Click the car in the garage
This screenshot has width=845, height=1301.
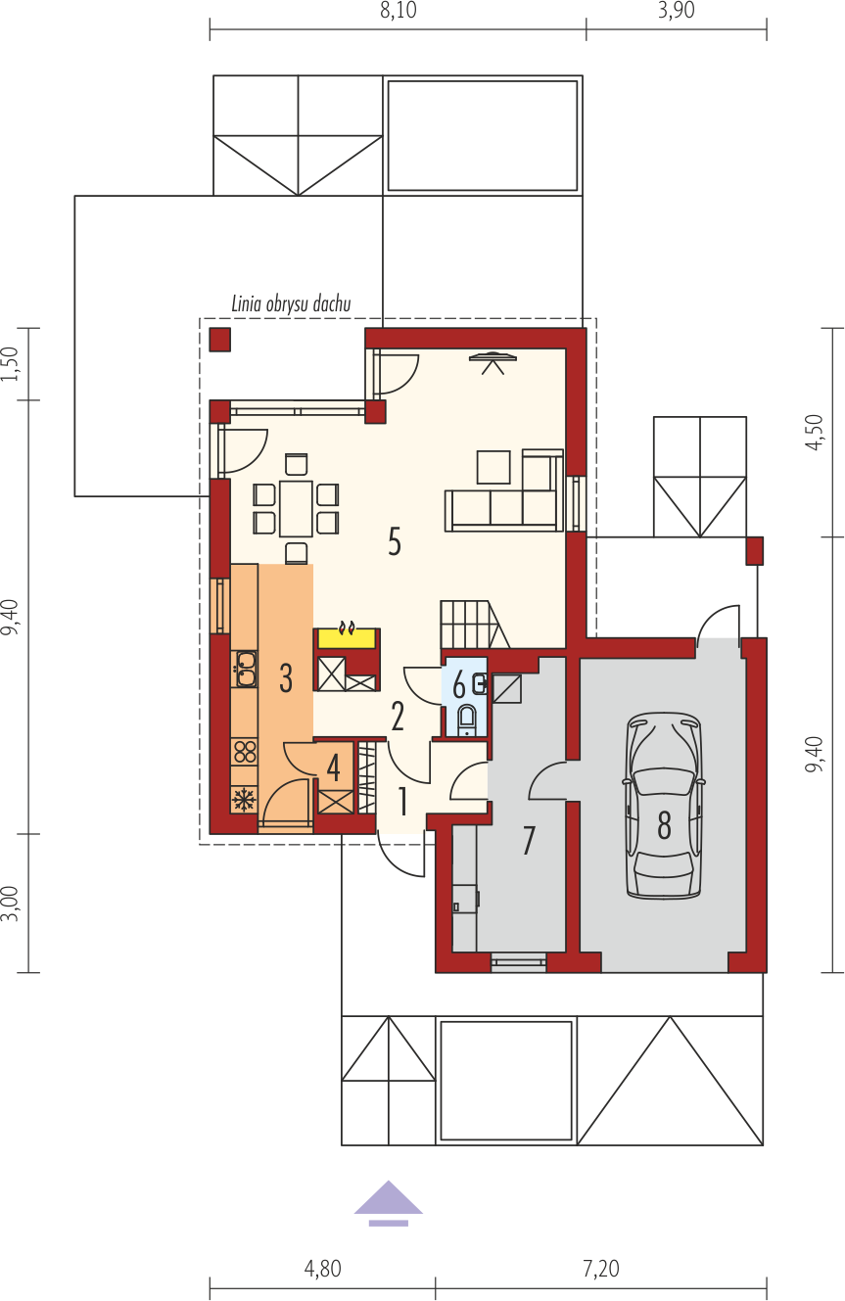pos(664,807)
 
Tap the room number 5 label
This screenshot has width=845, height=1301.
pos(395,543)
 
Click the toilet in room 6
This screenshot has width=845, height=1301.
pos(466,720)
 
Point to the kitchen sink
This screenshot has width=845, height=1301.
pos(245,669)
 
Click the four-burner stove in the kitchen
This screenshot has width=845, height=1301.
pos(245,751)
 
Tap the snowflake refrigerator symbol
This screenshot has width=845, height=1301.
pos(244,800)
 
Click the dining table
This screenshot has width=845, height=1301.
pos(296,508)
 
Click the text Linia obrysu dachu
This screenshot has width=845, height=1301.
pos(291,303)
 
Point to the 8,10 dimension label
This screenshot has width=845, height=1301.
pos(399,11)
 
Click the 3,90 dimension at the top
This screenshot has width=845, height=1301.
pos(676,11)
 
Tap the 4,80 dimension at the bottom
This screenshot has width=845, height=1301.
pos(322,1269)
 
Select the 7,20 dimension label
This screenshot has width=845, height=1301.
pos(601,1269)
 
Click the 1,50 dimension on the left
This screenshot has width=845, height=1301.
pos(11,363)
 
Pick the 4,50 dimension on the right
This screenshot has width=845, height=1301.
pos(815,432)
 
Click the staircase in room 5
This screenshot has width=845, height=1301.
pos(475,625)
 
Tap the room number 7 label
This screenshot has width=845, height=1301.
pos(529,840)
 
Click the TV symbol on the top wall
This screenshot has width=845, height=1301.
pos(493,362)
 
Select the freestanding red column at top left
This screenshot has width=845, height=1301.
pos(220,340)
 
